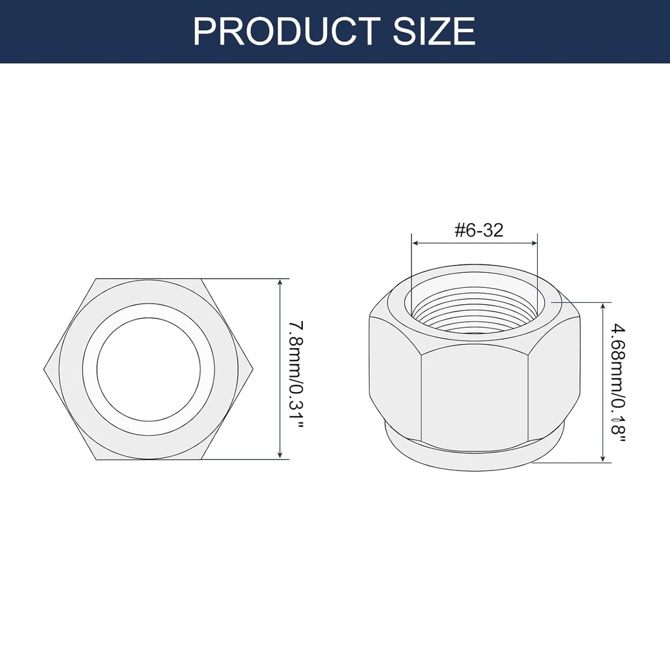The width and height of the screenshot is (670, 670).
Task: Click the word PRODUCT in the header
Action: [287, 31]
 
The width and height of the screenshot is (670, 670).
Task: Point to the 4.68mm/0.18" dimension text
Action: [618, 381]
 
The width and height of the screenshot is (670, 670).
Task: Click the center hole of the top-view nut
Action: [148, 369]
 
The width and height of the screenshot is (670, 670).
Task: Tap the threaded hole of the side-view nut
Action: [474, 308]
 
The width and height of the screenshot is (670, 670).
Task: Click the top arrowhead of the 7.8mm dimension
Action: [280, 283]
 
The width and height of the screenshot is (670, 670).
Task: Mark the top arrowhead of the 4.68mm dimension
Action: [602, 306]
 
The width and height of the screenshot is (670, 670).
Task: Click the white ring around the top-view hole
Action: [90, 369]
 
